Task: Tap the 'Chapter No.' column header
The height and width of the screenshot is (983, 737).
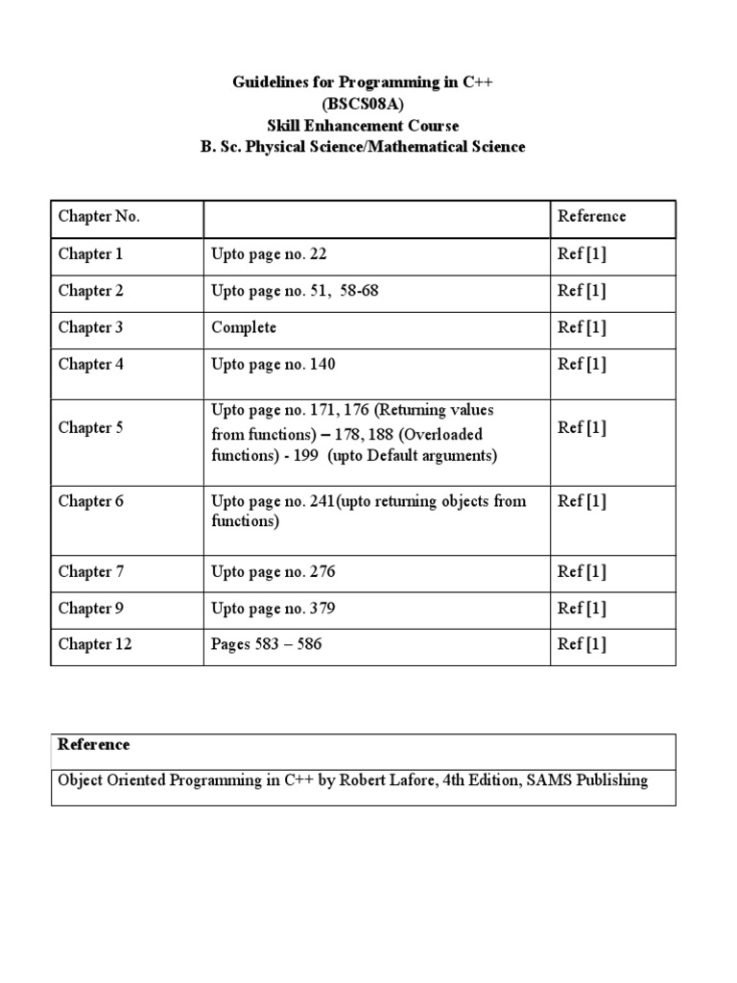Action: [99, 217]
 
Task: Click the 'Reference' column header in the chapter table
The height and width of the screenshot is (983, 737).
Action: [591, 217]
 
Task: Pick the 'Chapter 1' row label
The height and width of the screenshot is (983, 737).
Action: [91, 254]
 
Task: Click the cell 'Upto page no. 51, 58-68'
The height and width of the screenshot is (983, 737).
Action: [295, 291]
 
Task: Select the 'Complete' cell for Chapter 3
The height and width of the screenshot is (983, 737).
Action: [244, 327]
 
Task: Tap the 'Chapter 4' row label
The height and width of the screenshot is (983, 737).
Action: [91, 364]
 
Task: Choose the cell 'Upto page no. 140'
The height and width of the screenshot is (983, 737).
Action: [273, 364]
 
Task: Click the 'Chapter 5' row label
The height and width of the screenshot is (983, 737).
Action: [91, 428]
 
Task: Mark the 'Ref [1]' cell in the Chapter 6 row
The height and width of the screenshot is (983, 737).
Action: [582, 501]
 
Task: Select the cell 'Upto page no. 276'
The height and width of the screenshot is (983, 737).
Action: [273, 572]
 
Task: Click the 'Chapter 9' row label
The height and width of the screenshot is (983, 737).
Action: [91, 609]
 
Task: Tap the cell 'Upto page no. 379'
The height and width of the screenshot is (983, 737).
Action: [273, 609]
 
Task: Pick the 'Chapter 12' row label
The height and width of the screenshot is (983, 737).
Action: [95, 645]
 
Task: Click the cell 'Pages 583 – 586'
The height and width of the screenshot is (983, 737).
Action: [267, 645]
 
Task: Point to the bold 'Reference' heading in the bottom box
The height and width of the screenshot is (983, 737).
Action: [94, 745]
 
